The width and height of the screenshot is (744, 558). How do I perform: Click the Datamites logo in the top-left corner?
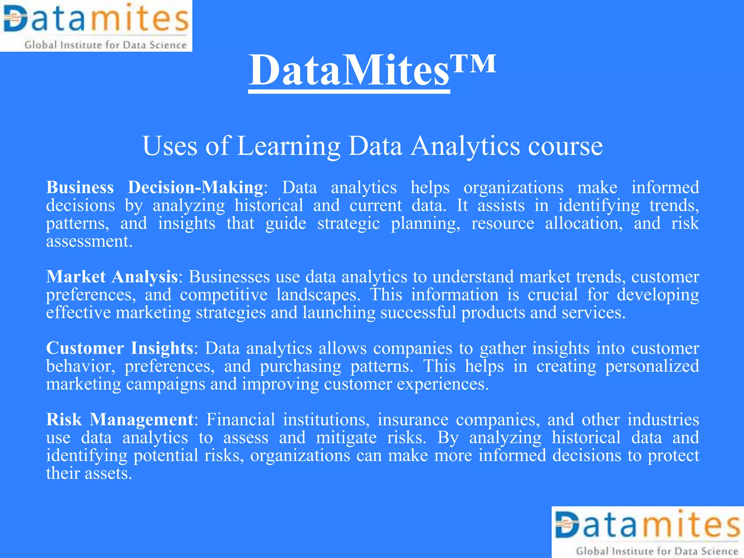[x=96, y=25]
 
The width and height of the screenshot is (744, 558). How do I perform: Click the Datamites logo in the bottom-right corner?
[x=648, y=532]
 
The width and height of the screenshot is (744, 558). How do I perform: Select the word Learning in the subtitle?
[x=289, y=146]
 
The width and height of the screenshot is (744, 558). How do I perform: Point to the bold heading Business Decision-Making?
[x=155, y=187]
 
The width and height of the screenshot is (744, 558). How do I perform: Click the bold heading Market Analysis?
[x=112, y=277]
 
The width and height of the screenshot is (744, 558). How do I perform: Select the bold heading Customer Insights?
[x=120, y=348]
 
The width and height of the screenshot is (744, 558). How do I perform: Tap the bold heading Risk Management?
[x=120, y=420]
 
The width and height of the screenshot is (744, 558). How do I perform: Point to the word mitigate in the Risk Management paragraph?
[x=346, y=437]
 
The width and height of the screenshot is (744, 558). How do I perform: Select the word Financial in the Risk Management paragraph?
[x=241, y=420]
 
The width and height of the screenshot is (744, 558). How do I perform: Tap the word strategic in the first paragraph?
[x=348, y=223]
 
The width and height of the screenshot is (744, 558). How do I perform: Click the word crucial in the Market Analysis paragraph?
[x=553, y=295]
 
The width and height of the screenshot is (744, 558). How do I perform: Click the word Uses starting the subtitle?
[x=170, y=146]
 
